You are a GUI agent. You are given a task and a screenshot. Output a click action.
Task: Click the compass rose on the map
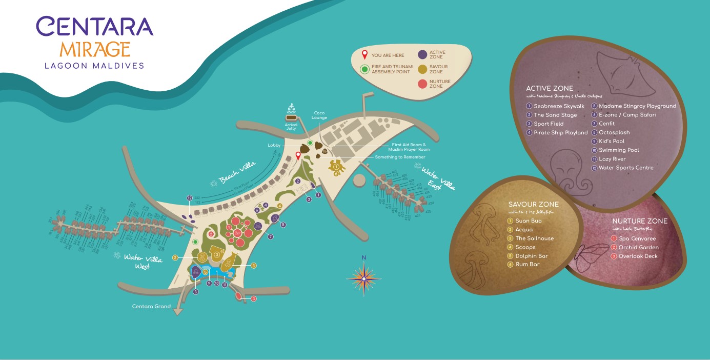363,278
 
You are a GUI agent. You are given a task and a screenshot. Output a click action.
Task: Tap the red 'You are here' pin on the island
298,156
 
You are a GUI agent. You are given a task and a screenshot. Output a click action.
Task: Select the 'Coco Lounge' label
319,115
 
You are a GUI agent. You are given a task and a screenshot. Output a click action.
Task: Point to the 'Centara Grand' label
151,307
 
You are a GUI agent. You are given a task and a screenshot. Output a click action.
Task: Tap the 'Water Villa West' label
143,262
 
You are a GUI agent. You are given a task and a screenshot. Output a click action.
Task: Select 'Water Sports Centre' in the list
626,168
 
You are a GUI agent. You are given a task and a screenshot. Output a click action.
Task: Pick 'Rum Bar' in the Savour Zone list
527,265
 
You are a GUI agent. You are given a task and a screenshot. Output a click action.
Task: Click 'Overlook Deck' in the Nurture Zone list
638,256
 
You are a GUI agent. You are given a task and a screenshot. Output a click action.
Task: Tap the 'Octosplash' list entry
614,133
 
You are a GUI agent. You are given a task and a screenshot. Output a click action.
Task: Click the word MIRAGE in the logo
95,49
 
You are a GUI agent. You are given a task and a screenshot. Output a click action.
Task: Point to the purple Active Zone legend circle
422,55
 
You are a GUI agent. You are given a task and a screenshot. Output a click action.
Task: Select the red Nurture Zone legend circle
422,84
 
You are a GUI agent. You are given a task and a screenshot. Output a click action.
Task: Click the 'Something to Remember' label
400,157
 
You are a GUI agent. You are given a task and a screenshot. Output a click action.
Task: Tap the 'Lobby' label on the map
274,146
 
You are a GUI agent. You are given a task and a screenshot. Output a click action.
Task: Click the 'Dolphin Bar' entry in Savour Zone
532,256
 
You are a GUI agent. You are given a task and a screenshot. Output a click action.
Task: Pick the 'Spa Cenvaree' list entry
637,238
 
